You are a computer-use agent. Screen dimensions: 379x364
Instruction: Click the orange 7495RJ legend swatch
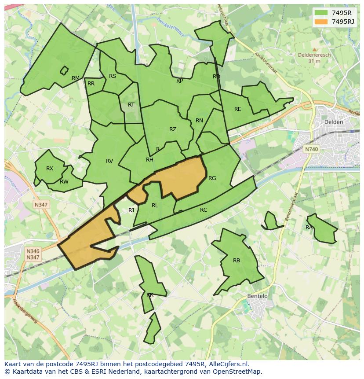(x=321, y=22)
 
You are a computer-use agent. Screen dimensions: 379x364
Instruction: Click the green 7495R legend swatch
(x=321, y=12)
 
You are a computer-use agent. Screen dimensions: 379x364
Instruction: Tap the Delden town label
(x=333, y=122)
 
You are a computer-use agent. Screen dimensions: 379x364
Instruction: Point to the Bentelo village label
(x=257, y=296)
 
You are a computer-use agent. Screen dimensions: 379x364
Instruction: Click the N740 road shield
(x=311, y=149)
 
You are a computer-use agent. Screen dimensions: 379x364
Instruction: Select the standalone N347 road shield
(x=41, y=205)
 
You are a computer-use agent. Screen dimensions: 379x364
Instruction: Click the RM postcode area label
(x=76, y=78)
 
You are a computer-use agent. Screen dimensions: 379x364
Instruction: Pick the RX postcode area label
(x=50, y=169)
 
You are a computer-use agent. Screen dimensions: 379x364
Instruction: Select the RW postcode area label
(x=64, y=182)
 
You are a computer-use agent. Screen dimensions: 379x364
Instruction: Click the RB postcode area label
(x=237, y=261)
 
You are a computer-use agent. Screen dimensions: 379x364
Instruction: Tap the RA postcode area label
(x=309, y=228)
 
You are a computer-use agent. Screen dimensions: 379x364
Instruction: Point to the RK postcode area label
(x=150, y=295)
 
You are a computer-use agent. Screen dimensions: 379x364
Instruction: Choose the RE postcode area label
(x=238, y=109)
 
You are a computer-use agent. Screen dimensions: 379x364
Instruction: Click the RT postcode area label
(x=131, y=105)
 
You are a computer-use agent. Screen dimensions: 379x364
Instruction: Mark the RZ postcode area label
(x=173, y=129)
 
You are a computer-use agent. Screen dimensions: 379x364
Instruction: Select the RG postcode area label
(x=212, y=178)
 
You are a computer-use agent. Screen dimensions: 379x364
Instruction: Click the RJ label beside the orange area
(x=131, y=210)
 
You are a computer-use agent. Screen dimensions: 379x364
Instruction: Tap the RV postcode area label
(x=109, y=161)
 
